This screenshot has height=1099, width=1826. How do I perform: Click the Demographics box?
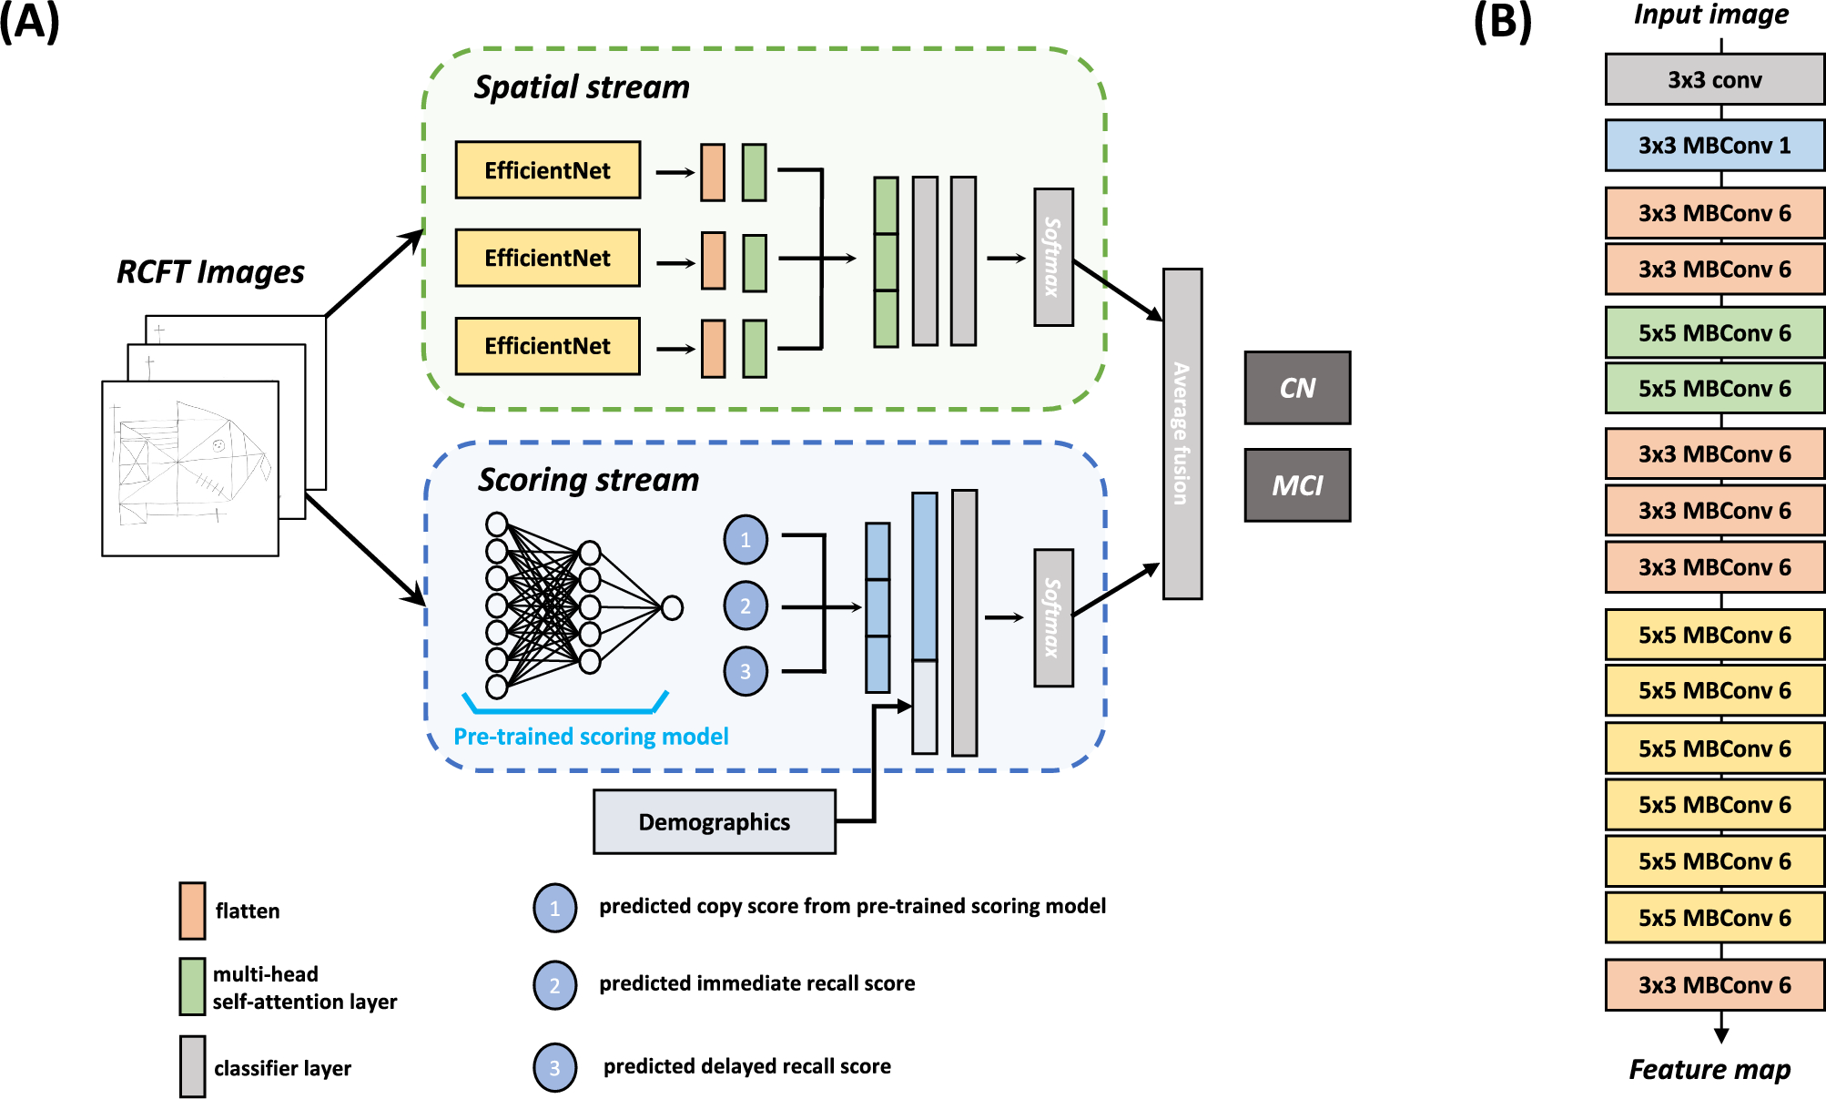[x=714, y=821]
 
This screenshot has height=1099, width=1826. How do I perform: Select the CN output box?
[x=1297, y=388]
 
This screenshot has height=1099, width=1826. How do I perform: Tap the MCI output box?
[x=1297, y=485]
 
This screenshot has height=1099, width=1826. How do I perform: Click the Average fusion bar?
[x=1182, y=433]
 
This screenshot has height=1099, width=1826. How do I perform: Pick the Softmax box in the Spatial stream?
[x=1053, y=257]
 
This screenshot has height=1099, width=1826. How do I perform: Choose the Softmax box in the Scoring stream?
[x=1053, y=617]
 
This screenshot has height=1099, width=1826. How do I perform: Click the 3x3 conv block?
[x=1714, y=80]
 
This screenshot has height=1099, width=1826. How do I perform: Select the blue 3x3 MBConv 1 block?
[x=1714, y=146]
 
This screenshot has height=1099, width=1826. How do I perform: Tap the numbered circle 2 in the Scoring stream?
[x=746, y=605]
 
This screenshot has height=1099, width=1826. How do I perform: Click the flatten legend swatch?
[x=192, y=910]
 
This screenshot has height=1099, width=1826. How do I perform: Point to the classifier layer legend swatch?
[x=192, y=1066]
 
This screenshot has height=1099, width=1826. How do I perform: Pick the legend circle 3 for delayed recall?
[x=554, y=1067]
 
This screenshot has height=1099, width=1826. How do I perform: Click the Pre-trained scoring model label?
[x=591, y=736]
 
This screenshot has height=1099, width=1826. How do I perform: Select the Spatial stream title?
[x=582, y=87]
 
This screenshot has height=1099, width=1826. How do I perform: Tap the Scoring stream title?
[x=588, y=480]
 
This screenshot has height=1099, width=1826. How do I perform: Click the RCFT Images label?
[x=210, y=271]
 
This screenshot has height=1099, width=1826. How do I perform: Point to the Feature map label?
[x=1709, y=1069]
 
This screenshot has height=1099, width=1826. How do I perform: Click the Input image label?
[x=1710, y=15]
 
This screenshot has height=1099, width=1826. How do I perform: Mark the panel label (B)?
[x=1502, y=22]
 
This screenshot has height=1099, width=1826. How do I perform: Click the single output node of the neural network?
[x=672, y=607]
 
